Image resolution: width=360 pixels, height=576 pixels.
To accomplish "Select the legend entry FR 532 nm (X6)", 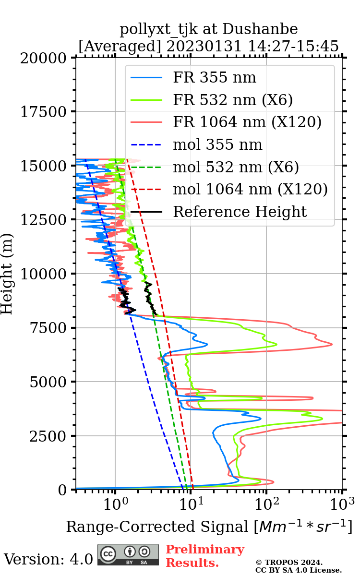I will pos(233,100).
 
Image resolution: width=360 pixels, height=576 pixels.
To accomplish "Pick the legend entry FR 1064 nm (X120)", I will pos(247,122).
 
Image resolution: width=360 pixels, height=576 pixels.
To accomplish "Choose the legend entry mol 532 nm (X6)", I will pos(236,167).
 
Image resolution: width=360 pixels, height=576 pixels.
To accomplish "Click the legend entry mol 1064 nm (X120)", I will pos(250,190).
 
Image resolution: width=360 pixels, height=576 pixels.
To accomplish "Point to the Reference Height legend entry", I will pos(240,212).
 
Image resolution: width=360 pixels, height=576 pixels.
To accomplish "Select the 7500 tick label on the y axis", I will pos(50,328).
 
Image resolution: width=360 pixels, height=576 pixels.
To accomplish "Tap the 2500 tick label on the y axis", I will pos(50,436).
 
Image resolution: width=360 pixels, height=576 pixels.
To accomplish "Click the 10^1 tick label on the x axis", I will pos(191,504).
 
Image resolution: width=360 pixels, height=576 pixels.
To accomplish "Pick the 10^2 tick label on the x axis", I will pos(266,504).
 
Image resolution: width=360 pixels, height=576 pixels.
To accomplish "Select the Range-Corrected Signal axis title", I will pos(209,527).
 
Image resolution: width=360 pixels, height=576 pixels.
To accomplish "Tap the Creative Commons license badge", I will pos(128,554).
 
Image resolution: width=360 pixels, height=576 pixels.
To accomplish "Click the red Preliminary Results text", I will pos(205,556).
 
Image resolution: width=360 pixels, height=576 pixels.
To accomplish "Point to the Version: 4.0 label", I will pos(48,559).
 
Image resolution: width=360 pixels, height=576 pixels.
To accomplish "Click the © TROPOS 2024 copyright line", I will pos(289,563).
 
